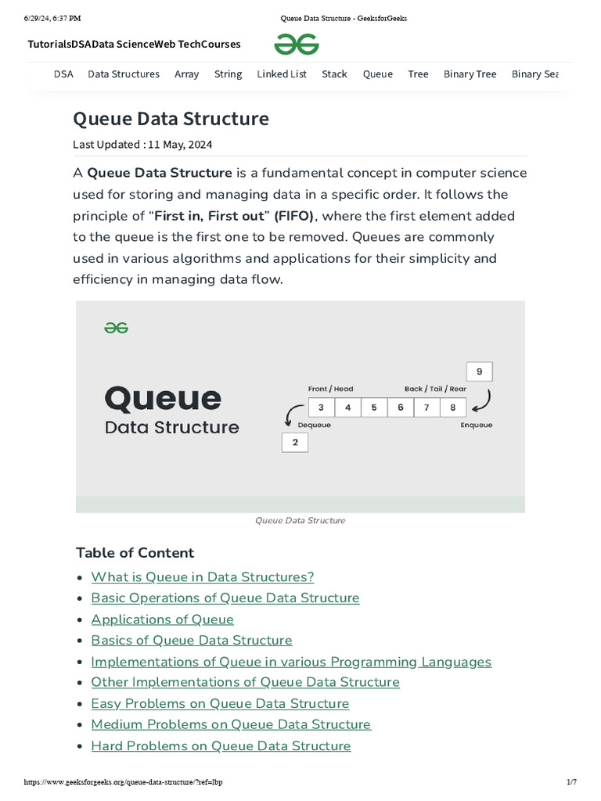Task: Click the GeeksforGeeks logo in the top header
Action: coord(297,45)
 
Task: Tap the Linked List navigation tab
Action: coord(282,74)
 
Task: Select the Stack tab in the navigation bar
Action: coord(334,74)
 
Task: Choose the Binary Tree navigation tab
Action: coord(470,74)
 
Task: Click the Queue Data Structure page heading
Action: coord(171,119)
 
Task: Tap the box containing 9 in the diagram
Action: coord(479,372)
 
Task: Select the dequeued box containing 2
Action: coord(295,442)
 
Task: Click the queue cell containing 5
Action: coord(374,408)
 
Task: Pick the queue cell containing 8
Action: coord(452,408)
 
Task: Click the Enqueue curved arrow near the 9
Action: coord(483,400)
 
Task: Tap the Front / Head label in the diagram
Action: coord(330,389)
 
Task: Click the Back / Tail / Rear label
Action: coord(435,389)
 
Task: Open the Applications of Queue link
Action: coord(162,620)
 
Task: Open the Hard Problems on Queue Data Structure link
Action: coord(221,746)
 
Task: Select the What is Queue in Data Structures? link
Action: coord(202,577)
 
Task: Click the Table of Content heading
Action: coord(135,553)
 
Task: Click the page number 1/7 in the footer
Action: coord(571,782)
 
